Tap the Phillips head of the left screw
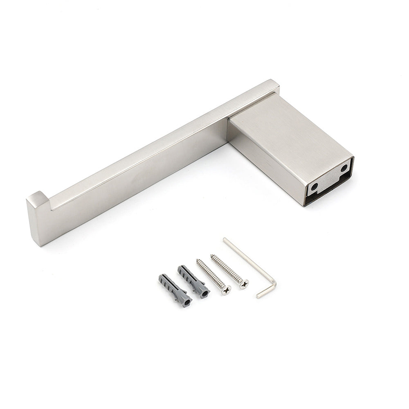[225, 290]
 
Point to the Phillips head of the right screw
[244, 283]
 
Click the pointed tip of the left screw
[198, 260]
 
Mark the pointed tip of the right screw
[211, 255]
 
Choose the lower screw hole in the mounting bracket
[314, 187]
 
